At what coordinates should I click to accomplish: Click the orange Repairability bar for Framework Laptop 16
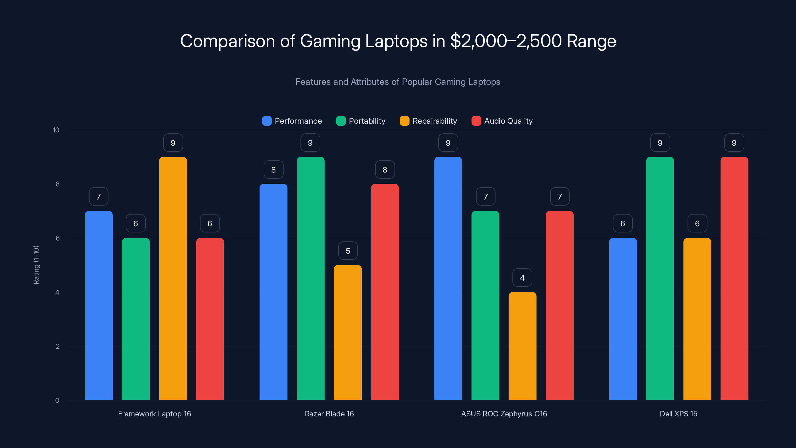pos(173,278)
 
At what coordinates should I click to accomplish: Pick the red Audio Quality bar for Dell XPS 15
pos(734,278)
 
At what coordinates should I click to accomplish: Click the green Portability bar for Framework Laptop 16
pos(136,319)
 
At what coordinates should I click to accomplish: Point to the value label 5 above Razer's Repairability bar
pos(348,251)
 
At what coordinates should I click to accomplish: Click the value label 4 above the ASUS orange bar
pos(522,278)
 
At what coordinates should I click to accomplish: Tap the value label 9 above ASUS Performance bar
pos(448,143)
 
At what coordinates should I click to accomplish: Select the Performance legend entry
pos(292,121)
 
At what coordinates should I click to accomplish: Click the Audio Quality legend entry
pos(502,121)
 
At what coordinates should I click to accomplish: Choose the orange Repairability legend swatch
pos(404,121)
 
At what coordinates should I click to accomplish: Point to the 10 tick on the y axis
pos(56,130)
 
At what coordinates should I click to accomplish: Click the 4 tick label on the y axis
pos(57,292)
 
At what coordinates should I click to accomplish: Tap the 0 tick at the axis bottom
pos(57,400)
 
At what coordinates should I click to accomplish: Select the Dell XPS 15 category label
pos(678,414)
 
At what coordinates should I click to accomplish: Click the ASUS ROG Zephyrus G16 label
pos(504,414)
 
